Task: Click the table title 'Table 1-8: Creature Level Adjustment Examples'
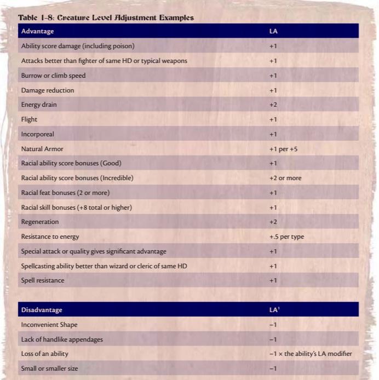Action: coord(106,18)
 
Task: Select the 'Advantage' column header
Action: coord(37,31)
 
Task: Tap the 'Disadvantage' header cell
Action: coord(42,310)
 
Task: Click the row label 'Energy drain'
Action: coord(39,105)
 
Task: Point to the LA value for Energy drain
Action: coord(273,105)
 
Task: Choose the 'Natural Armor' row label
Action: coord(42,148)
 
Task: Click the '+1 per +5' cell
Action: coord(283,148)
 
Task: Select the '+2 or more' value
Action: coord(285,178)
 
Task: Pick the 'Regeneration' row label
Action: coord(40,222)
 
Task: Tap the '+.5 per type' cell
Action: coord(286,237)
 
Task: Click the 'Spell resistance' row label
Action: coord(43,280)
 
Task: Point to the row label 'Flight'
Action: coord(30,119)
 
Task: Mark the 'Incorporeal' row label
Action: coord(38,134)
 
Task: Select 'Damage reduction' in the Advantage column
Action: coord(48,90)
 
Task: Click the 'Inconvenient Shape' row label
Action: coord(49,325)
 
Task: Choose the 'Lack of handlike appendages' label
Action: coord(62,339)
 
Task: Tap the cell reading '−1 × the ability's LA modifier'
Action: coord(311,354)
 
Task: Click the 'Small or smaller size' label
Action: coord(49,369)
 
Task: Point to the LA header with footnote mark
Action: coord(274,310)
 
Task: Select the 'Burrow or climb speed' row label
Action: coord(53,75)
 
